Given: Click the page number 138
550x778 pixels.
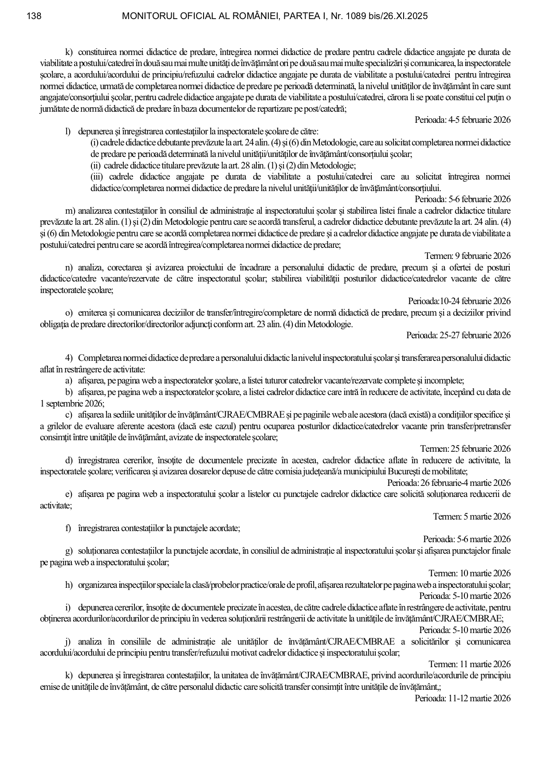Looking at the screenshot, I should (34, 16).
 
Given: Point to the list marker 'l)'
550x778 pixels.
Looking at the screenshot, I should (68, 132).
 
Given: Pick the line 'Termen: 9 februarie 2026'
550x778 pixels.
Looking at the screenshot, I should (467, 256).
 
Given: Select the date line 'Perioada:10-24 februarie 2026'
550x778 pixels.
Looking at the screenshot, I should (459, 301).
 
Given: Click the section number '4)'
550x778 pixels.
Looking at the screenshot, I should (69, 358).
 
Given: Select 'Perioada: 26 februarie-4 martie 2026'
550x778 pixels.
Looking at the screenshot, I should (449, 483).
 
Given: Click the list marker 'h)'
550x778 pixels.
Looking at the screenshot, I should (69, 585).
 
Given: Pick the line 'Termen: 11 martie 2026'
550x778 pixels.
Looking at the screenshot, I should (469, 664).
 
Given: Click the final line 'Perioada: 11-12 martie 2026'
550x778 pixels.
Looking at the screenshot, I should (463, 698).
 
